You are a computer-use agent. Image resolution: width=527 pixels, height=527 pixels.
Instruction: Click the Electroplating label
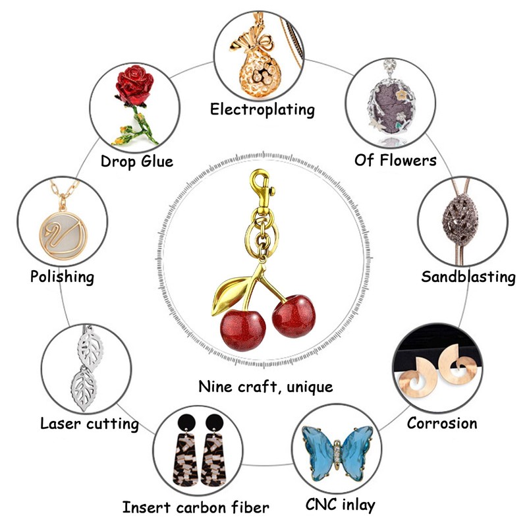point(262,109)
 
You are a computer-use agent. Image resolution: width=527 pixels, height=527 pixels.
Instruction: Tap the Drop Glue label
point(137,161)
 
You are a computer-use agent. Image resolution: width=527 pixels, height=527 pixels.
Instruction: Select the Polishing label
point(62,276)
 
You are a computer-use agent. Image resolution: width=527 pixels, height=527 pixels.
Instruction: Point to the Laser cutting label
point(90,423)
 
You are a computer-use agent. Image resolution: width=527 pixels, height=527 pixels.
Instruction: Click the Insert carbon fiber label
point(196,507)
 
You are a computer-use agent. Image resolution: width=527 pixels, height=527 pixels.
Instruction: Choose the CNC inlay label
point(340,505)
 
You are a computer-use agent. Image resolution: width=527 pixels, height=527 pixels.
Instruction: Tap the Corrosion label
point(442,422)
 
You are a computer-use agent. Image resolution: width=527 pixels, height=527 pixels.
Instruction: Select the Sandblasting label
point(468,277)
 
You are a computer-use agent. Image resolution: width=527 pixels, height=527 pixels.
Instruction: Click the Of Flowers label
point(395,160)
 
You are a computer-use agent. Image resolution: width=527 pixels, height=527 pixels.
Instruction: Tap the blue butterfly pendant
point(337,451)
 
